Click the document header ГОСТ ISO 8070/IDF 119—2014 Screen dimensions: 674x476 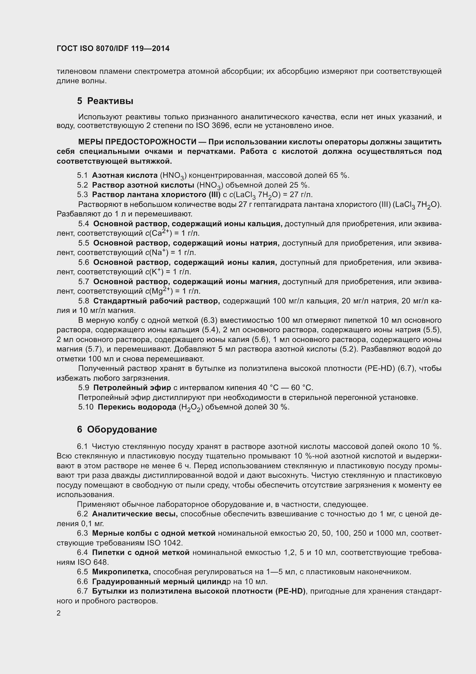point(113,49)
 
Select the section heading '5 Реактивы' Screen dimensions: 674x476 point(105,101)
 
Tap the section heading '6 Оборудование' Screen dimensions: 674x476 point(117,429)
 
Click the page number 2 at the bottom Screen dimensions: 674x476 point(59,613)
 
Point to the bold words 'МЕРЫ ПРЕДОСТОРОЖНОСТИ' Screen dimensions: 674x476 point(137,142)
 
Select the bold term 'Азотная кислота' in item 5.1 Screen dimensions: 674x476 point(125,175)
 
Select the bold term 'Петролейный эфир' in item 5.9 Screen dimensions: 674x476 point(132,388)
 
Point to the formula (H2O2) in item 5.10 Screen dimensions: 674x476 point(191,407)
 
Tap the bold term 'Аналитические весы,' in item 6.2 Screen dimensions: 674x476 point(135,514)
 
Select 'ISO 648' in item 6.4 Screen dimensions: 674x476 point(93,562)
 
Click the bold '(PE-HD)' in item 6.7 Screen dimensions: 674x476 point(290,591)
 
